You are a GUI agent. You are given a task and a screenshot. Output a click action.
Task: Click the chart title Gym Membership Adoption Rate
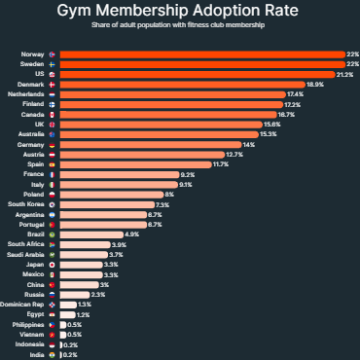click(180, 13)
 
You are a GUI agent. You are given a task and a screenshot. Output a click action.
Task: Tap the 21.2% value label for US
click(344, 74)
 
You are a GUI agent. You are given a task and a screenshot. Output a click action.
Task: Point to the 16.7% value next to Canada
click(287, 115)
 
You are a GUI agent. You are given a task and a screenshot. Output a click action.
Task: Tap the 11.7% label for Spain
click(221, 164)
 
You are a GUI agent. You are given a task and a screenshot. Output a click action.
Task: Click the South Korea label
click(24, 205)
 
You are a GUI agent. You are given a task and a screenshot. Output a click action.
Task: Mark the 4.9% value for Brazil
click(132, 234)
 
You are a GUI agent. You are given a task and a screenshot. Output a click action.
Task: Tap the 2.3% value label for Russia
click(97, 294)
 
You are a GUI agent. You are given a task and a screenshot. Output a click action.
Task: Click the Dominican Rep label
click(22, 305)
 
